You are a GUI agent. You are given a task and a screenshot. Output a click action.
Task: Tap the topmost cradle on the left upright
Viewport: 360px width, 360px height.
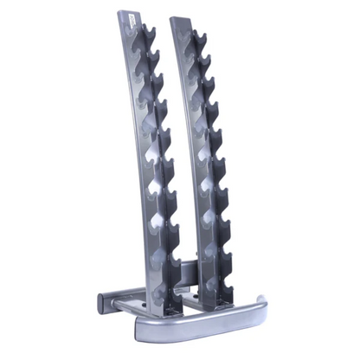click(x=149, y=35)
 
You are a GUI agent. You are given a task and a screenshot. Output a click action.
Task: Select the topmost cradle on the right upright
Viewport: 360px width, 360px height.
click(x=197, y=39)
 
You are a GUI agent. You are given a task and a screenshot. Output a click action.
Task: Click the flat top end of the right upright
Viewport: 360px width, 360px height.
click(x=181, y=17)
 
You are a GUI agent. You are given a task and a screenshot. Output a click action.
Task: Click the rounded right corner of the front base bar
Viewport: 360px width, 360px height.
click(x=257, y=303)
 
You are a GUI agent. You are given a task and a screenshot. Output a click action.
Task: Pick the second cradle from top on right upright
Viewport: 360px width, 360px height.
click(x=202, y=61)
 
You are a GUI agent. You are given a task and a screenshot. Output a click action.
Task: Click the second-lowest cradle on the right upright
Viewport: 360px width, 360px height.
click(x=224, y=235)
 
